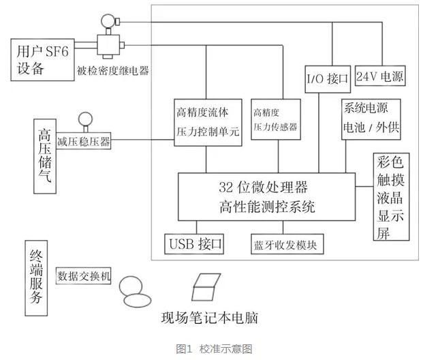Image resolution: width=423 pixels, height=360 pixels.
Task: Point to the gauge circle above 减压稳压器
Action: (86, 120)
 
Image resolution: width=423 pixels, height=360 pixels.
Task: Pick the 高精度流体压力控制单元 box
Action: (207, 123)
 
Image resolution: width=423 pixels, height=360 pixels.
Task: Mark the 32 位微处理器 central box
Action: (266, 197)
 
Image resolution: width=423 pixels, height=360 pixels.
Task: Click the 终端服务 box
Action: (38, 275)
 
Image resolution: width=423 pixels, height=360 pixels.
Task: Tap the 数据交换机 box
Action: (84, 277)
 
